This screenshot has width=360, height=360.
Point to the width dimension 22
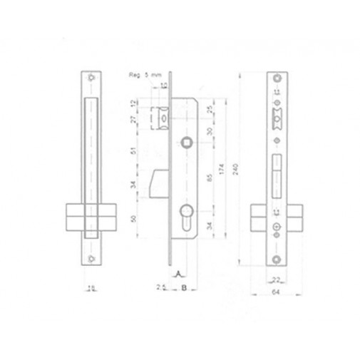point(275,279)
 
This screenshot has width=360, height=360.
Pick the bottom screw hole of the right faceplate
point(276,254)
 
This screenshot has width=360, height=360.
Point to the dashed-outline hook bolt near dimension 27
point(162,116)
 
